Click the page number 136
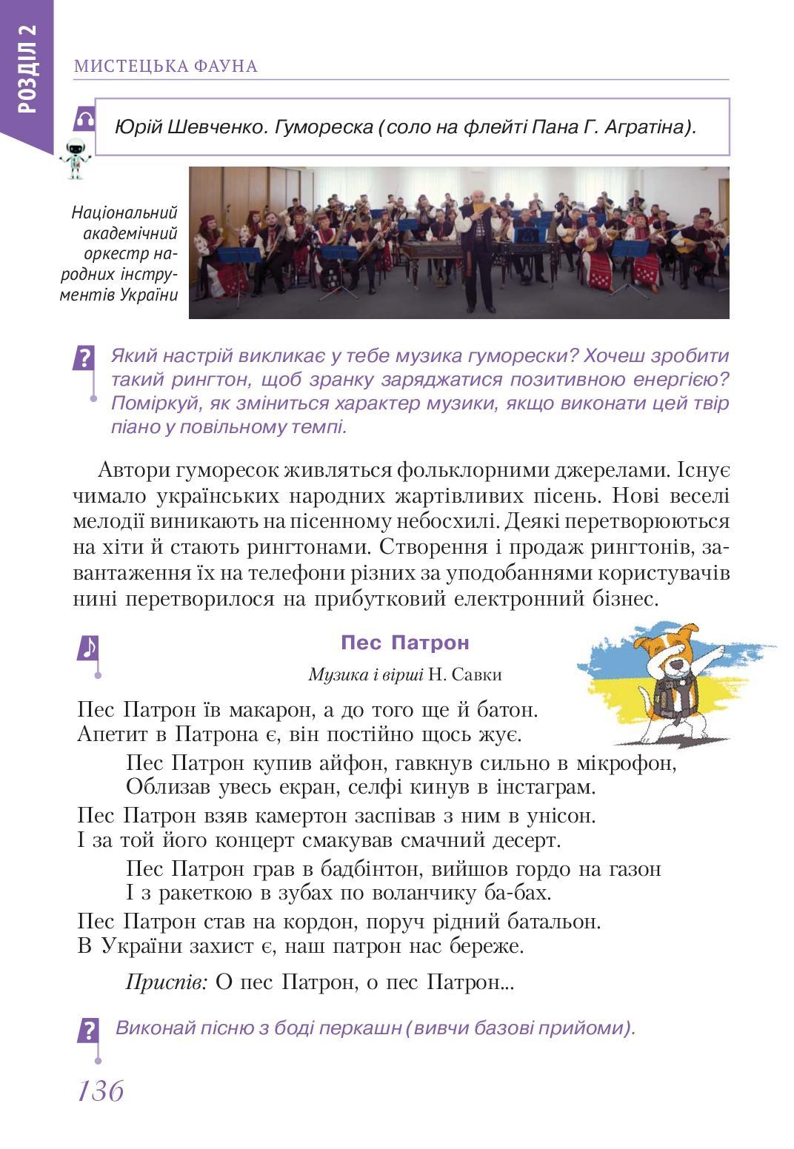coord(100,1090)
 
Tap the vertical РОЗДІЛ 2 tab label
coord(27,67)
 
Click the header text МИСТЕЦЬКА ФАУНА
coord(165,67)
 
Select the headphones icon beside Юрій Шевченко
coord(84,119)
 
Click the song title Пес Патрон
coord(404,642)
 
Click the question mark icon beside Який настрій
coord(85,359)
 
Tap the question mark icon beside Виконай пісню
coord(88,1030)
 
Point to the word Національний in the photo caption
coord(125,212)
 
